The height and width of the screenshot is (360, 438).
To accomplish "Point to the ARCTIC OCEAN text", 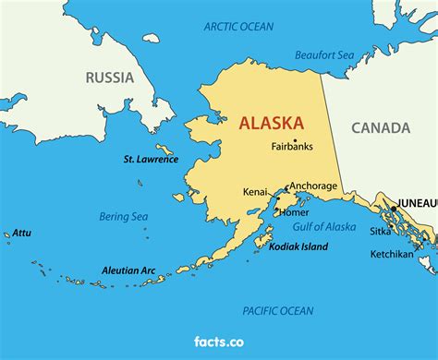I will (238, 26).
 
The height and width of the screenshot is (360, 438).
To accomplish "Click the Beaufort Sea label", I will (324, 55).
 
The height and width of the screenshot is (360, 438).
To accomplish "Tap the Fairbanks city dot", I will (295, 139).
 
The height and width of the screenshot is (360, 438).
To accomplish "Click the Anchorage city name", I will (314, 186).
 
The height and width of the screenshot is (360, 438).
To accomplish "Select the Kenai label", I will (255, 192).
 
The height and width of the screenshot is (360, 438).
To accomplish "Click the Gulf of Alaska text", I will (323, 227).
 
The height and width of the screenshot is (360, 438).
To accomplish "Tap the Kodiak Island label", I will (298, 247).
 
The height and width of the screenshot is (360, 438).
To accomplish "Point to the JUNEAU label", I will (417, 202).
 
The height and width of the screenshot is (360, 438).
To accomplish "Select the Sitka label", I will (380, 233).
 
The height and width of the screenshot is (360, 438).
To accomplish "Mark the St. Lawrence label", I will (150, 159).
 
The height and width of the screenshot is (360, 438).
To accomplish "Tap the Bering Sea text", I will (124, 217).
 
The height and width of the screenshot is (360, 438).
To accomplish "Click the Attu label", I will (21, 234).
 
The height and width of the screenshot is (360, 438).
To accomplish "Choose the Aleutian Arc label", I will (128, 270).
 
